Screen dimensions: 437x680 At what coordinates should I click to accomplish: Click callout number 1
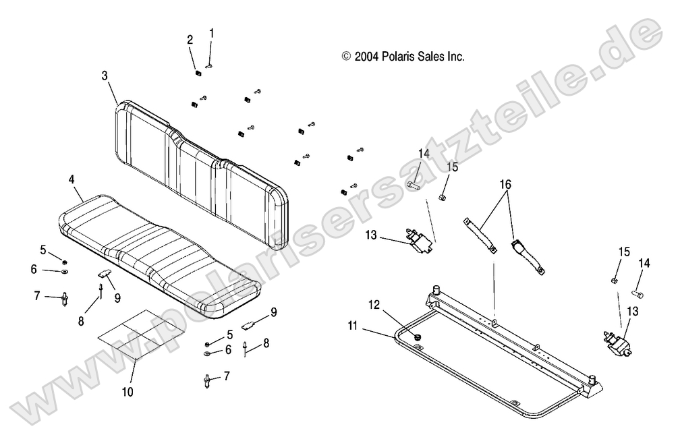(x=212, y=32)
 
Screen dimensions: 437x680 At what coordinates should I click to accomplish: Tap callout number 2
(x=190, y=40)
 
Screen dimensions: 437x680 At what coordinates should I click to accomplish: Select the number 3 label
(x=105, y=76)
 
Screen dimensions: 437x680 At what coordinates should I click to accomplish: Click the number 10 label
(x=128, y=391)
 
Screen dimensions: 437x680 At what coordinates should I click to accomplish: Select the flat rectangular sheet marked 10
(x=139, y=330)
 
